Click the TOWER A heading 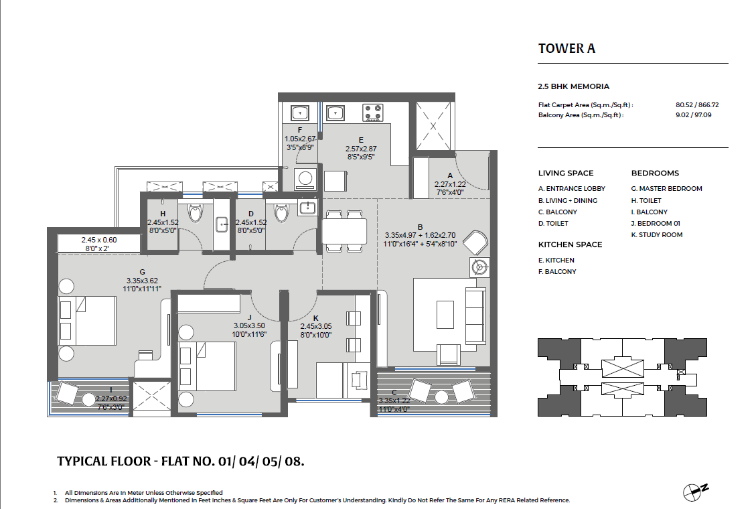click(566, 49)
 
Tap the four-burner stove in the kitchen click(373, 113)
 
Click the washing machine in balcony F click(305, 179)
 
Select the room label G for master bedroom click(142, 272)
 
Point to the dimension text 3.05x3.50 click(249, 326)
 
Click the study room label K click(316, 318)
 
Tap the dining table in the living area click(344, 231)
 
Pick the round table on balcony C click(442, 396)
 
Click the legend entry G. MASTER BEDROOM click(667, 188)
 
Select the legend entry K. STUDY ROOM click(657, 234)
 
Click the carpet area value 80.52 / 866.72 click(697, 104)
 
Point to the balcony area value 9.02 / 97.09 click(693, 115)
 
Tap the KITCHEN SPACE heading click(570, 244)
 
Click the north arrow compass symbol click(695, 492)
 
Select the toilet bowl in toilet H click(196, 212)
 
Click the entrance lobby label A click(451, 176)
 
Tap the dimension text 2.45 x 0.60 click(99, 240)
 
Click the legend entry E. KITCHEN click(556, 261)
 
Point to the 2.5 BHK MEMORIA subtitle click(574, 86)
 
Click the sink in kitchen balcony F click(300, 113)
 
